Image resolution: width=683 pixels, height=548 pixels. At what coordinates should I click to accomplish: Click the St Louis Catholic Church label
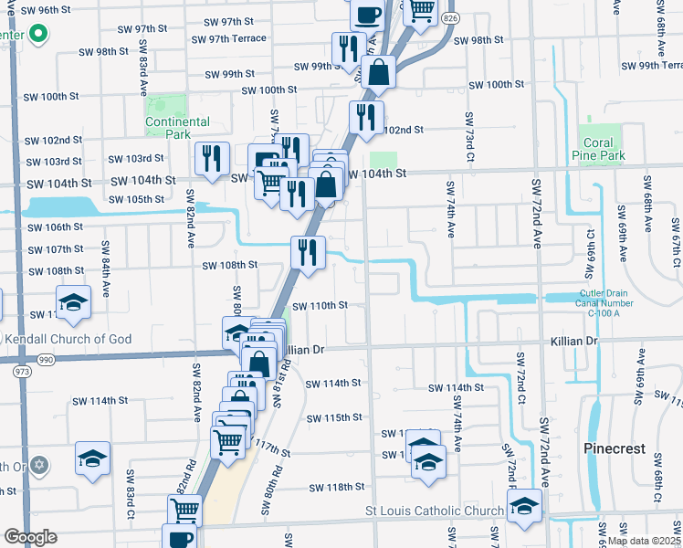click(435, 511)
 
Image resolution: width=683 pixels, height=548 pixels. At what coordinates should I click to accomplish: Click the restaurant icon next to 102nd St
click(366, 117)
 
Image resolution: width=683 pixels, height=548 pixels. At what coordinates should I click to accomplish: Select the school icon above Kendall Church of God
click(73, 302)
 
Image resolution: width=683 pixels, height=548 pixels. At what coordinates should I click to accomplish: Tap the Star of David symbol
click(38, 466)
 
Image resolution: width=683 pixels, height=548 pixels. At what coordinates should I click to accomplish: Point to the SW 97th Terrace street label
click(229, 38)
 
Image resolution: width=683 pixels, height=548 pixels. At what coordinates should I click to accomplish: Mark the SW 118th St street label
click(337, 488)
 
